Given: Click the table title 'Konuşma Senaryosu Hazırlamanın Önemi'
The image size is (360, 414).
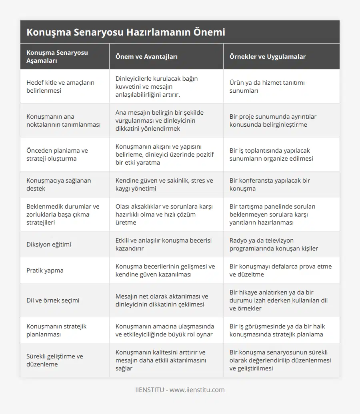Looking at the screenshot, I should tap(126, 32).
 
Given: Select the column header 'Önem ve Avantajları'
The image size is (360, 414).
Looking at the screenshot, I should tap(146, 56).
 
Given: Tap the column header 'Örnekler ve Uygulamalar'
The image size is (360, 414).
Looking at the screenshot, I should tap(267, 56).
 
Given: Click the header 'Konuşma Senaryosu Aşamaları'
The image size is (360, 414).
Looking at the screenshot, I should tap(57, 56).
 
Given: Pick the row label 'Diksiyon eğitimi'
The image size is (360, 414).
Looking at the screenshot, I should tap(49, 244).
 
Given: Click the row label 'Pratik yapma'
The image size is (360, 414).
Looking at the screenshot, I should tap(45, 270).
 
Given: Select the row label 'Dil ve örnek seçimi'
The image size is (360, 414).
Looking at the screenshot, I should tap(53, 300).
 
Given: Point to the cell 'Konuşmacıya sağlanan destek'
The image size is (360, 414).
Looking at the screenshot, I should tap(58, 184).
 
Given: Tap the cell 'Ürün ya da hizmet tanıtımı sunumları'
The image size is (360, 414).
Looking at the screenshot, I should tap(267, 86).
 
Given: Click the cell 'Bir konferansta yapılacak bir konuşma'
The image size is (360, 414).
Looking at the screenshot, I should tap(270, 184).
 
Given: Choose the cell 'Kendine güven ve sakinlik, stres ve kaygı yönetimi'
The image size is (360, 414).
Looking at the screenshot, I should tap(164, 184).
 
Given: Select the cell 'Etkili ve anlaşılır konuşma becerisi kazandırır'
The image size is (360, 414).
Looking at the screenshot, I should tap(163, 244).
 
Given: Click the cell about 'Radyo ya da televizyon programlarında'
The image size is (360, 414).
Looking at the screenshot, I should tap(274, 244).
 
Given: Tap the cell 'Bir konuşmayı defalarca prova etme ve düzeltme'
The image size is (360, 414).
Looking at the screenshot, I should tap(280, 270).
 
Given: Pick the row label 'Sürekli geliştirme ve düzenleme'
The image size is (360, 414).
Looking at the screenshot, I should tap(55, 360).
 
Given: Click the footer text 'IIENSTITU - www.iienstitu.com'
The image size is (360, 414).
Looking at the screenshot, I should tap(180, 390).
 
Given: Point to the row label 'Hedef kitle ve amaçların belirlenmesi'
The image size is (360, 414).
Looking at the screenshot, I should tap(60, 86).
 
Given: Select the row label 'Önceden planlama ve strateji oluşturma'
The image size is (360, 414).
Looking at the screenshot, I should tap(57, 154).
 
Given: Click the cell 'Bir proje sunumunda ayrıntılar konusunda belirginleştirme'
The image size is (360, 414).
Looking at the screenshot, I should tap(273, 120).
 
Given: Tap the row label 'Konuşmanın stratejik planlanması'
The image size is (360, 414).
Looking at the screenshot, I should tap(56, 330).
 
